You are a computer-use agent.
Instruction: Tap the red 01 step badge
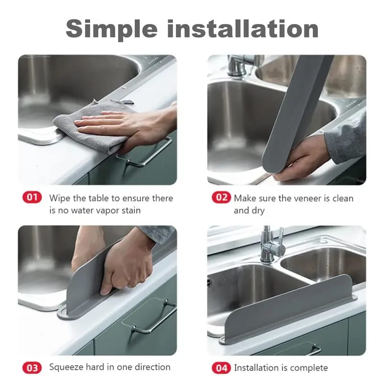(x=32, y=198)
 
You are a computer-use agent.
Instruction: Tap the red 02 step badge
(x=221, y=198)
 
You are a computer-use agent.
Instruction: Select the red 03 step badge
(x=32, y=367)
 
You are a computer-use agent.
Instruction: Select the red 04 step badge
(x=221, y=368)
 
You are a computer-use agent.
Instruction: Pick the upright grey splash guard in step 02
(x=298, y=110)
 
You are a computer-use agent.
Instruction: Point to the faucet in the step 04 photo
(x=271, y=245)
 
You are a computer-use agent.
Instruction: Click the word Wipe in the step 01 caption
(x=60, y=198)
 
